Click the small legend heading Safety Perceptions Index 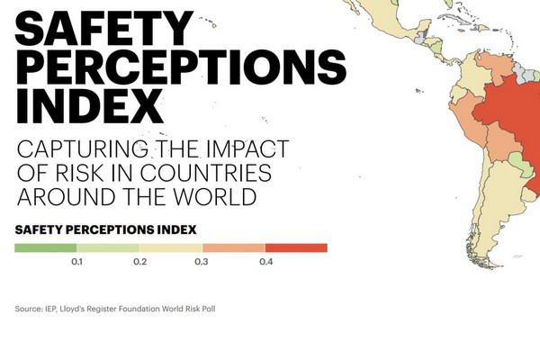coord(105,229)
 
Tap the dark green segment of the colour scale coord(45,247)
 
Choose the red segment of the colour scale coord(296,247)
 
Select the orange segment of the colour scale coord(233,247)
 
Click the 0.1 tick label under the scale coord(76,262)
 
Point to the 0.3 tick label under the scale coord(202,262)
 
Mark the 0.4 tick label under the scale coord(265,262)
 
